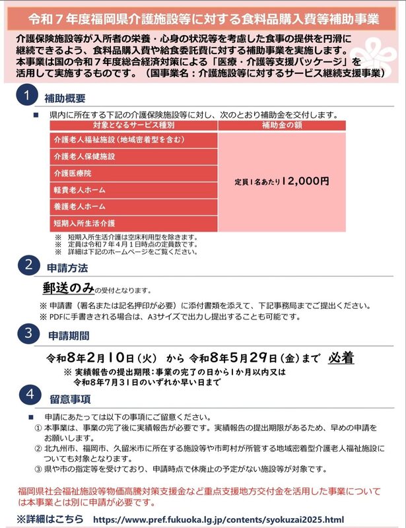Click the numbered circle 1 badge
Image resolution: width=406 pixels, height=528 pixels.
pos(26,98)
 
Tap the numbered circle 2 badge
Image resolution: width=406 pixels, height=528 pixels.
pos(26,267)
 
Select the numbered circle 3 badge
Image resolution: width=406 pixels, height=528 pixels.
pos(26,334)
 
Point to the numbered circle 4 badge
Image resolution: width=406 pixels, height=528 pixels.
pos(26,397)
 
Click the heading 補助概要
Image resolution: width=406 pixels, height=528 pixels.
pos(65,98)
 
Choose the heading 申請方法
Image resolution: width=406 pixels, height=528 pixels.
pos(65,269)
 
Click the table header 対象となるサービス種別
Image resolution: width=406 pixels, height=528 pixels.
pos(135,125)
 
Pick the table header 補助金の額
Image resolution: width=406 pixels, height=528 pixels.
pos(282,125)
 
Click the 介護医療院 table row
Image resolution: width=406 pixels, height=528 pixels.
pos(135,174)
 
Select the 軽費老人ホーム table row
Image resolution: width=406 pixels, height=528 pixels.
pos(135,190)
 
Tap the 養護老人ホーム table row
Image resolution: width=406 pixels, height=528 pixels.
pos(135,207)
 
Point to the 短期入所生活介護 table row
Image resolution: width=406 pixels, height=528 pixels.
pos(135,224)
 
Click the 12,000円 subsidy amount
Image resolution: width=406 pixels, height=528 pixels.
pos(305,180)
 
